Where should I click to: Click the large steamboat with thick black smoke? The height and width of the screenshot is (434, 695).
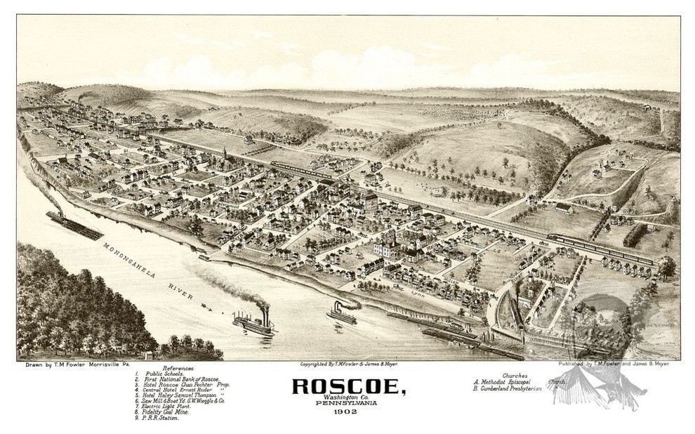pos(254,324)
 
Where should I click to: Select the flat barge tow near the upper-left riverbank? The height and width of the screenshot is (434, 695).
pos(74,224)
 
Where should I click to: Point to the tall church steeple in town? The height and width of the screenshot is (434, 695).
pos(225,158)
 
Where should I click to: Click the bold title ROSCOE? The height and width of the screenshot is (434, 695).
pos(346,387)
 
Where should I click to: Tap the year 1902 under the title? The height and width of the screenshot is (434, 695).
pos(346,419)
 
